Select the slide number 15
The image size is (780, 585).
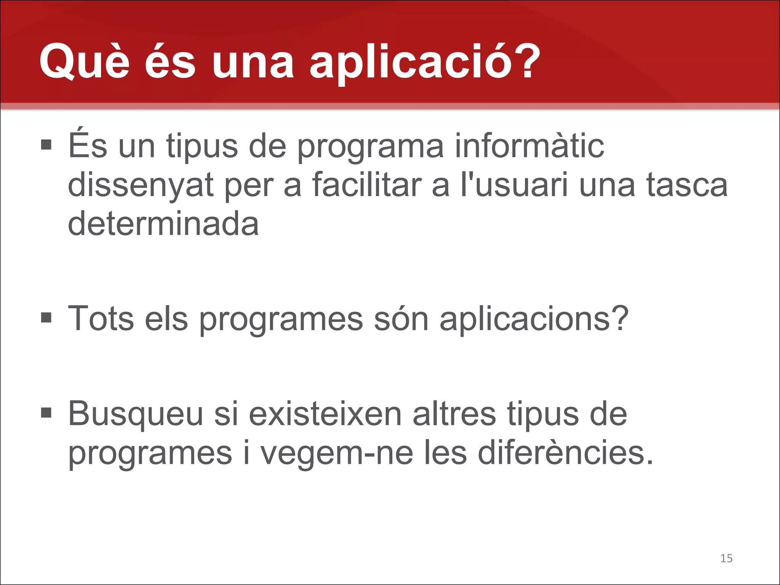click(x=726, y=558)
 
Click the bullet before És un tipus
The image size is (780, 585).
click(x=46, y=145)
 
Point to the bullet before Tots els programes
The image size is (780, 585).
click(x=46, y=317)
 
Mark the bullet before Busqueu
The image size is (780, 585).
click(x=46, y=412)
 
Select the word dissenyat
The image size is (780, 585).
click(x=140, y=185)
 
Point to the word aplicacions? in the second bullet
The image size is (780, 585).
click(x=534, y=319)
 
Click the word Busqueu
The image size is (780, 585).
click(x=136, y=414)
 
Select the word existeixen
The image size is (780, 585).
click(x=325, y=414)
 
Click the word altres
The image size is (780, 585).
click(x=454, y=414)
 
